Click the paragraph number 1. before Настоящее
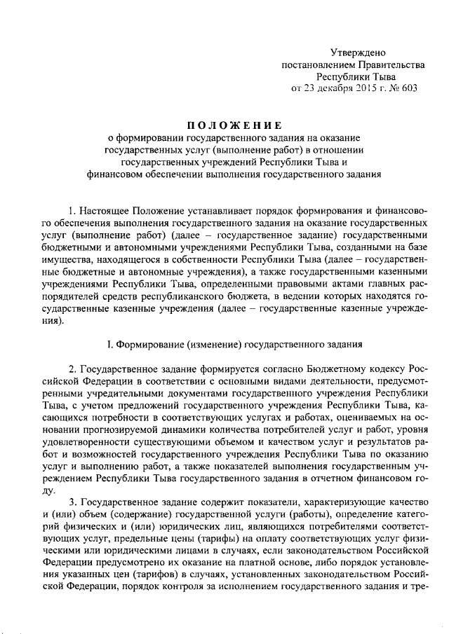(73, 209)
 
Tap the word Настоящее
(107, 209)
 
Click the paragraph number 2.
(73, 370)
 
